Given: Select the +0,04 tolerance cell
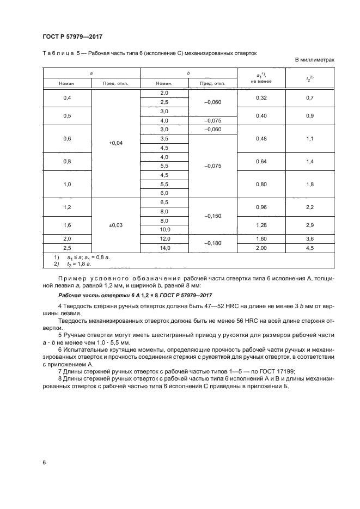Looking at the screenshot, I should pyautogui.click(x=116, y=143).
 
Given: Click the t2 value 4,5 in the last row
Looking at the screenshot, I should pyautogui.click(x=310, y=248).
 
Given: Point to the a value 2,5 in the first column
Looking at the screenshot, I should pyautogui.click(x=68, y=248).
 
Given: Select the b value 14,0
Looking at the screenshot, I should pyautogui.click(x=164, y=248).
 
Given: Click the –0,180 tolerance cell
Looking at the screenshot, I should pyautogui.click(x=212, y=244).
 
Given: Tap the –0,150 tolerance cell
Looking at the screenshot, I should pyautogui.click(x=212, y=217).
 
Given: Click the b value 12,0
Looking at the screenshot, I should pyautogui.click(x=164, y=239).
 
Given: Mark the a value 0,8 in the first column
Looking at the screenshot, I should pyautogui.click(x=68, y=162).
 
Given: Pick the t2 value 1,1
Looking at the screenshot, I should pyautogui.click(x=310, y=139).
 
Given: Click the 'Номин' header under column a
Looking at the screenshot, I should pyautogui.click(x=68, y=84).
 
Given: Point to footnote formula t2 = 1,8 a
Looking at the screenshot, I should pyautogui.click(x=80, y=263).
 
